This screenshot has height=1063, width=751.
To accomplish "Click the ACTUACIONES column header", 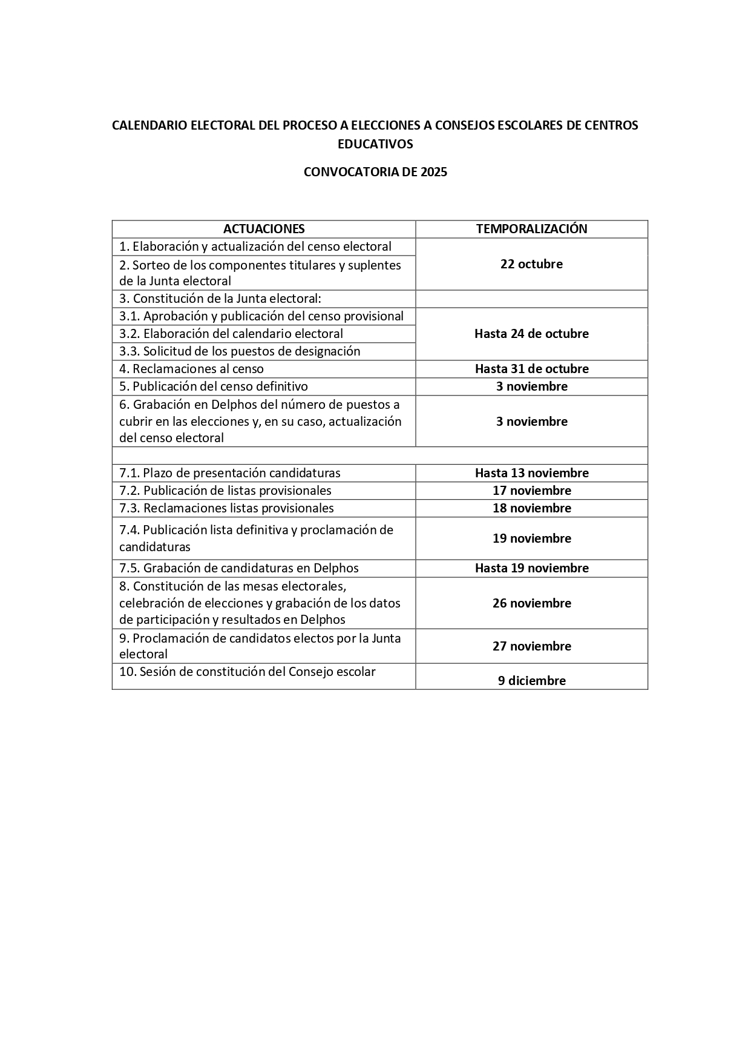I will tap(264, 229).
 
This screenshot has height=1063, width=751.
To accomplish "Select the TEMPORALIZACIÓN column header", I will tap(531, 229).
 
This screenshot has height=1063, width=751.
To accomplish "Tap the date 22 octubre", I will tap(531, 264).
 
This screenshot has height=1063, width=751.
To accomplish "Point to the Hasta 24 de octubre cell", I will tap(531, 334).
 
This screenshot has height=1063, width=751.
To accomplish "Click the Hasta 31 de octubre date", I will tap(531, 369).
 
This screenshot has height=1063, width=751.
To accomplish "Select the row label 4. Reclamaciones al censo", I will tap(191, 369).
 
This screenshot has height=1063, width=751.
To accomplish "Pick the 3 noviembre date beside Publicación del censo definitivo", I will tap(531, 386).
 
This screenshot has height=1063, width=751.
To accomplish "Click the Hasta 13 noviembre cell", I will tap(531, 473).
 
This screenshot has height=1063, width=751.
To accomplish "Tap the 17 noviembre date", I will tap(531, 491).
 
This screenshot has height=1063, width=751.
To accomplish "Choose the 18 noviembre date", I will tap(531, 508).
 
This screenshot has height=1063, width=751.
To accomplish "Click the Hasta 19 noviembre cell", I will tap(531, 568).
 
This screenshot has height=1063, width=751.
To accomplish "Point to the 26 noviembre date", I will tap(531, 603).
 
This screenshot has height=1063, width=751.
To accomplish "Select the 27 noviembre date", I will tap(531, 646).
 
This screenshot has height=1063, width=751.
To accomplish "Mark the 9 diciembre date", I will tap(531, 681).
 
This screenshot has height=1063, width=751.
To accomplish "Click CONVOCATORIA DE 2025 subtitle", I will tap(375, 172).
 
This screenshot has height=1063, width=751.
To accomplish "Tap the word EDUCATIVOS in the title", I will tap(375, 144).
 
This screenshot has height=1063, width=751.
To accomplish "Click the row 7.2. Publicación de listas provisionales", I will tap(225, 491).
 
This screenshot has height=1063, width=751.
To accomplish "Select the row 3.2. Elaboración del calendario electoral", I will tap(231, 334).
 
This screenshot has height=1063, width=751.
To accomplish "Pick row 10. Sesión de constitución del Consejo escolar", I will tap(247, 672).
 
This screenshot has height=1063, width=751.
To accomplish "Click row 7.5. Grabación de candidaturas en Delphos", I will tap(238, 568).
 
